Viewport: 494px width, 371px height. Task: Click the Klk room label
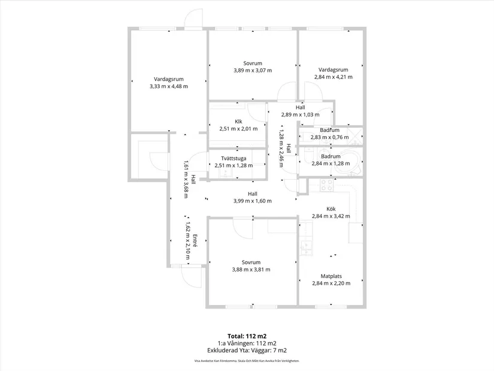click(x=238, y=122)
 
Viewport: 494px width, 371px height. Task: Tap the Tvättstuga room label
click(x=234, y=158)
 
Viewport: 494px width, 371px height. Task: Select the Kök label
click(x=331, y=209)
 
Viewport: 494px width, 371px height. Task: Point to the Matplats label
click(x=331, y=276)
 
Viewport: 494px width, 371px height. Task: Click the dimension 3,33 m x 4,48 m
click(x=169, y=86)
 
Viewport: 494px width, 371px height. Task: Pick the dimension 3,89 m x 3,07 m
click(x=253, y=70)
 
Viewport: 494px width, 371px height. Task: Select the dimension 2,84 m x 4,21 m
click(x=334, y=77)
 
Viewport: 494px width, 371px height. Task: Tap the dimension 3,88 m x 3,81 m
click(x=251, y=270)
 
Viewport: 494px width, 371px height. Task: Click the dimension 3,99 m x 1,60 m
click(x=252, y=201)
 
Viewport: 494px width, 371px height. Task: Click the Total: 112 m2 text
click(x=247, y=336)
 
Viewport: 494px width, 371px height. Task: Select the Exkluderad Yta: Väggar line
click(x=247, y=350)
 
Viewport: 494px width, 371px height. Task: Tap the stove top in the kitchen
click(x=327, y=185)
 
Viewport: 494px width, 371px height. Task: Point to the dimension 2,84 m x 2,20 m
click(x=331, y=283)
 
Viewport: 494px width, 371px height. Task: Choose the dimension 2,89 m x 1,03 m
click(x=300, y=114)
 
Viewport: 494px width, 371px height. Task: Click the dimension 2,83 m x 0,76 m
click(x=329, y=137)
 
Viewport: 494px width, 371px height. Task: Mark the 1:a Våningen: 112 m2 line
click(x=247, y=343)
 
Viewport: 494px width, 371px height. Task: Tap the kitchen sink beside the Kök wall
click(x=305, y=248)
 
